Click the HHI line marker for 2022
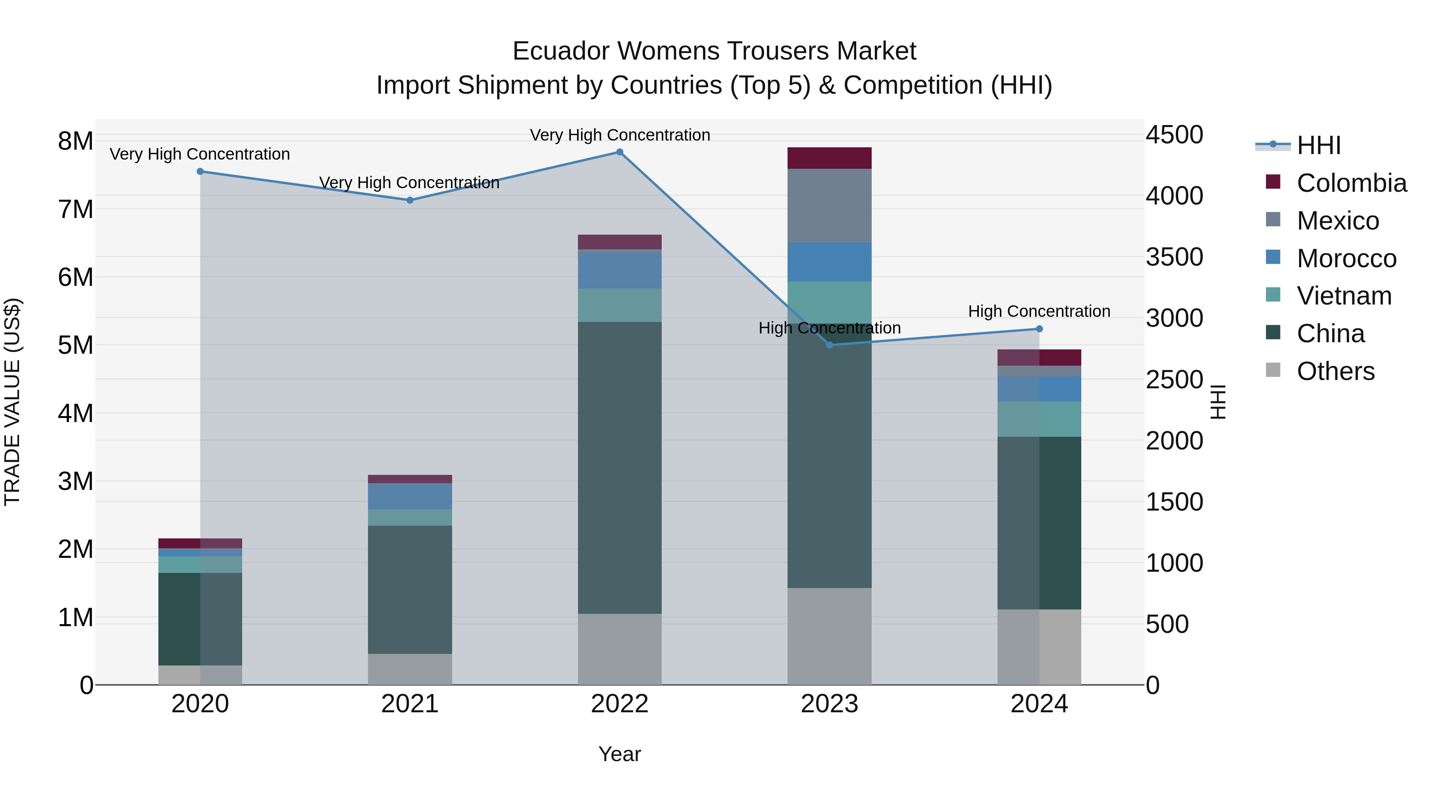click(620, 152)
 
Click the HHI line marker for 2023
click(829, 345)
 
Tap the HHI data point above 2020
click(200, 172)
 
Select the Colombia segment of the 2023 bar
click(829, 158)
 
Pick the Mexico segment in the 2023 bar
click(829, 205)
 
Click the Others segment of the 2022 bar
click(620, 649)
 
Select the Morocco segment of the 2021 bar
click(410, 496)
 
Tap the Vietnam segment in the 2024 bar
click(1039, 419)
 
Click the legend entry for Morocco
click(1346, 258)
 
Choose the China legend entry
click(1330, 334)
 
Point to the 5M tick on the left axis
click(75, 345)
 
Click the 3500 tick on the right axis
click(1175, 257)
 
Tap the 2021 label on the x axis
click(410, 704)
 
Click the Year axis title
click(620, 754)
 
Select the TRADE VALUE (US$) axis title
click(12, 402)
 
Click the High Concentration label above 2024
click(1039, 311)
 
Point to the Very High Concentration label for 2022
click(620, 135)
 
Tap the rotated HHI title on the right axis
click(1218, 402)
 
